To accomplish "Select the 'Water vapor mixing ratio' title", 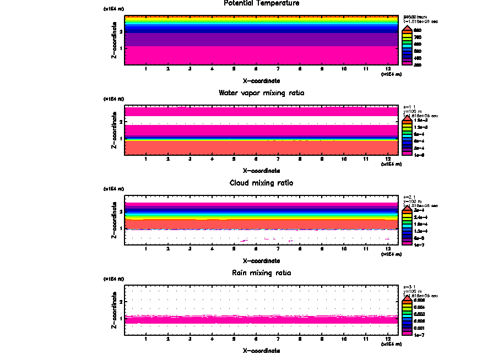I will click(262, 93).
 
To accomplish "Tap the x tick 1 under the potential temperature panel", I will click(146, 69).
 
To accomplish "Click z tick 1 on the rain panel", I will click(121, 319).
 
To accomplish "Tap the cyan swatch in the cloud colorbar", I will click(407, 225).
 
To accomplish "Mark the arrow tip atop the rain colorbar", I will click(407, 297).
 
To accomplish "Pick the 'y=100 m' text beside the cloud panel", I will click(413, 201).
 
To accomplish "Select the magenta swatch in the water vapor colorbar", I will click(407, 155).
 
